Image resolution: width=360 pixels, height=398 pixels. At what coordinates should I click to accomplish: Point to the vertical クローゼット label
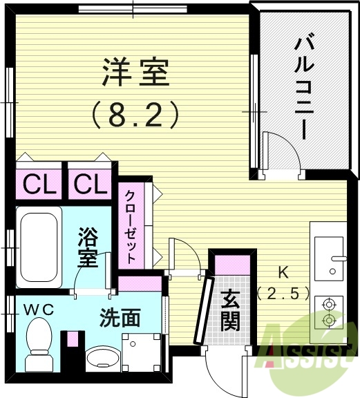[x=131, y=225]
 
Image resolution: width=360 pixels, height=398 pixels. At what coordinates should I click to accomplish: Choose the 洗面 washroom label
[x=120, y=319]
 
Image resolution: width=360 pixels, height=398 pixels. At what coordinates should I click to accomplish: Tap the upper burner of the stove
[x=329, y=303]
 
